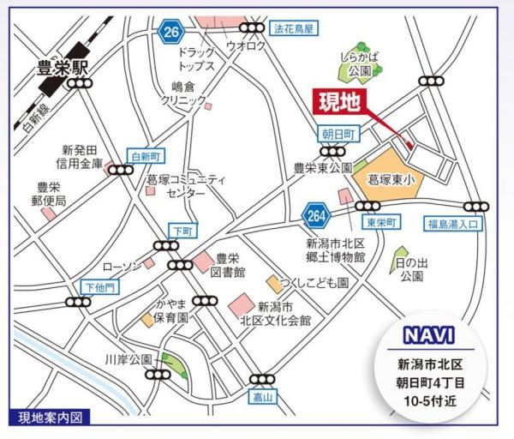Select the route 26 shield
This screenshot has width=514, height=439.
(171, 33)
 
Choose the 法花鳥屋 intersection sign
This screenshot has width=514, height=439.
(294, 27)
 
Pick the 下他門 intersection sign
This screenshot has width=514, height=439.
(99, 287)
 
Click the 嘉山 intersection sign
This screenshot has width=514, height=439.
(261, 398)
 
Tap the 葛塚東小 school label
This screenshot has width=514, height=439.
(391, 179)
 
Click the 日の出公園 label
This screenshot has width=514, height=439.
(410, 269)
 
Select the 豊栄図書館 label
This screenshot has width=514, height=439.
(230, 265)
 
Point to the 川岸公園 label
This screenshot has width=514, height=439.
(128, 358)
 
